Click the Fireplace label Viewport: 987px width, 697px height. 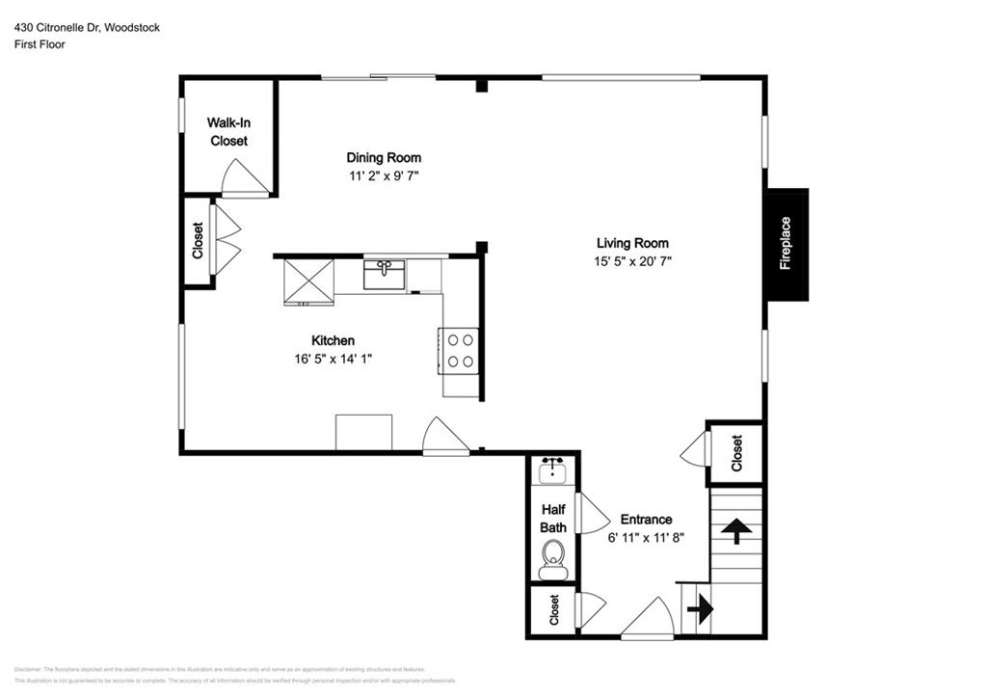click(786, 243)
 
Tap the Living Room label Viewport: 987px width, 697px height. click(631, 243)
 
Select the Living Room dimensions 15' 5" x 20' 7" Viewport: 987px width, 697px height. click(631, 261)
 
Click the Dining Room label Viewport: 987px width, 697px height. click(384, 157)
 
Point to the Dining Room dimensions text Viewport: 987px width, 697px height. click(384, 175)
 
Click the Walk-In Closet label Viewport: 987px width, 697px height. click(228, 132)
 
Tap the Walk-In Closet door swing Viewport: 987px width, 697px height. click(244, 177)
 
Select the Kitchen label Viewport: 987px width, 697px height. click(333, 340)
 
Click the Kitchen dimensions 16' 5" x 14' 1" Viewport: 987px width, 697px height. click(333, 359)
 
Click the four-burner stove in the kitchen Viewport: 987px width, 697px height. click(460, 351)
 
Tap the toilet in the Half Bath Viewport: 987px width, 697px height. click(553, 557)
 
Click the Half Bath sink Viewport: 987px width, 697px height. click(553, 470)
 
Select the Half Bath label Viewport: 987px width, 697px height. click(553, 519)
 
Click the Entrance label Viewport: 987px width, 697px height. click(646, 519)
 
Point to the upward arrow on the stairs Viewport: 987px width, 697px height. click(736, 530)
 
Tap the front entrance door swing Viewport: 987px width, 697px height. click(648, 620)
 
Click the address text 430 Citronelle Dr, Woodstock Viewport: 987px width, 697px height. click(87, 28)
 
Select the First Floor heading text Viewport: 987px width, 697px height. click(40, 44)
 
